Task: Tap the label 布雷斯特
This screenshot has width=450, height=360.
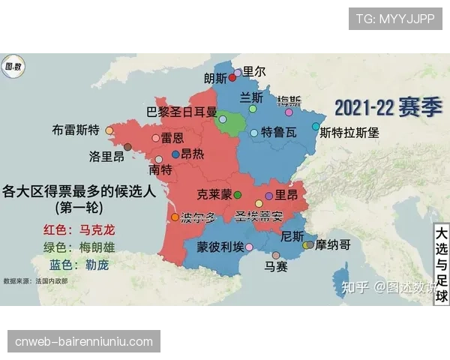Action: point(76,129)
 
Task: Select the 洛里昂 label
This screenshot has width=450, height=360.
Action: point(106,157)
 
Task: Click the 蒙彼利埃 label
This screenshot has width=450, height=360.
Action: point(220,247)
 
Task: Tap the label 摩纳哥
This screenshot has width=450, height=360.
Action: point(333,244)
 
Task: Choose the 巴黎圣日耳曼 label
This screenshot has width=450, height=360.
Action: point(181,112)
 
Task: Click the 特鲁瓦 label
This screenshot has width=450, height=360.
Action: point(278,133)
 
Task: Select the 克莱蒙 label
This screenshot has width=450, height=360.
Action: point(214,194)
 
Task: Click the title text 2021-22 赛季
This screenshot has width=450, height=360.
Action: point(388,107)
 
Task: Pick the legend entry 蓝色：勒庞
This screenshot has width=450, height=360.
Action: point(79,264)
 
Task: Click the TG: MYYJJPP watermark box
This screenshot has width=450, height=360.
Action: point(395,18)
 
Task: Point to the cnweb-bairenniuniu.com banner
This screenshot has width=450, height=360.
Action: point(84,342)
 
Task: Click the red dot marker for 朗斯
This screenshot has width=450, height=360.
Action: point(232,77)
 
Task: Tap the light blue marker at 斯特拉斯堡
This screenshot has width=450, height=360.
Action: point(316,127)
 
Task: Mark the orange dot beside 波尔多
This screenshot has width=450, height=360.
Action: point(175,217)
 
